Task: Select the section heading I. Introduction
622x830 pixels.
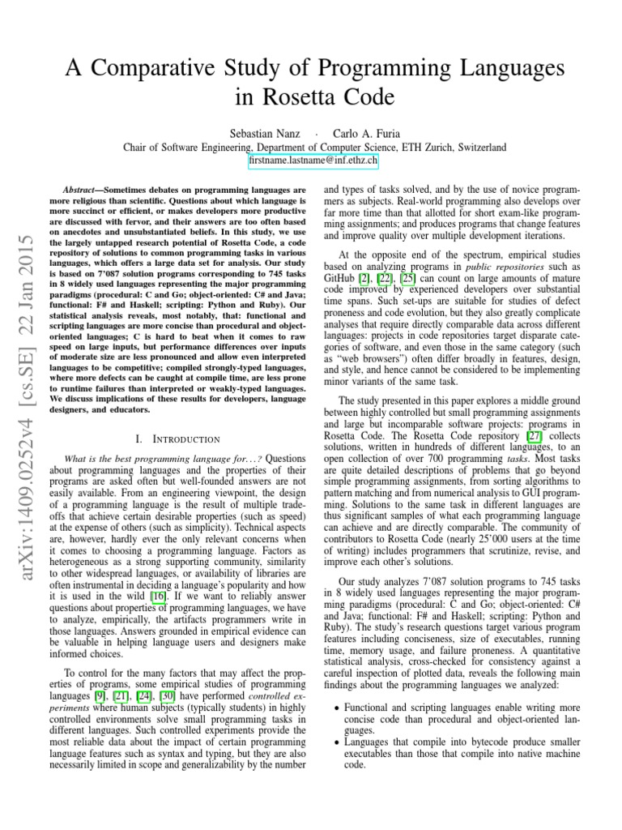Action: tap(178, 439)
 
